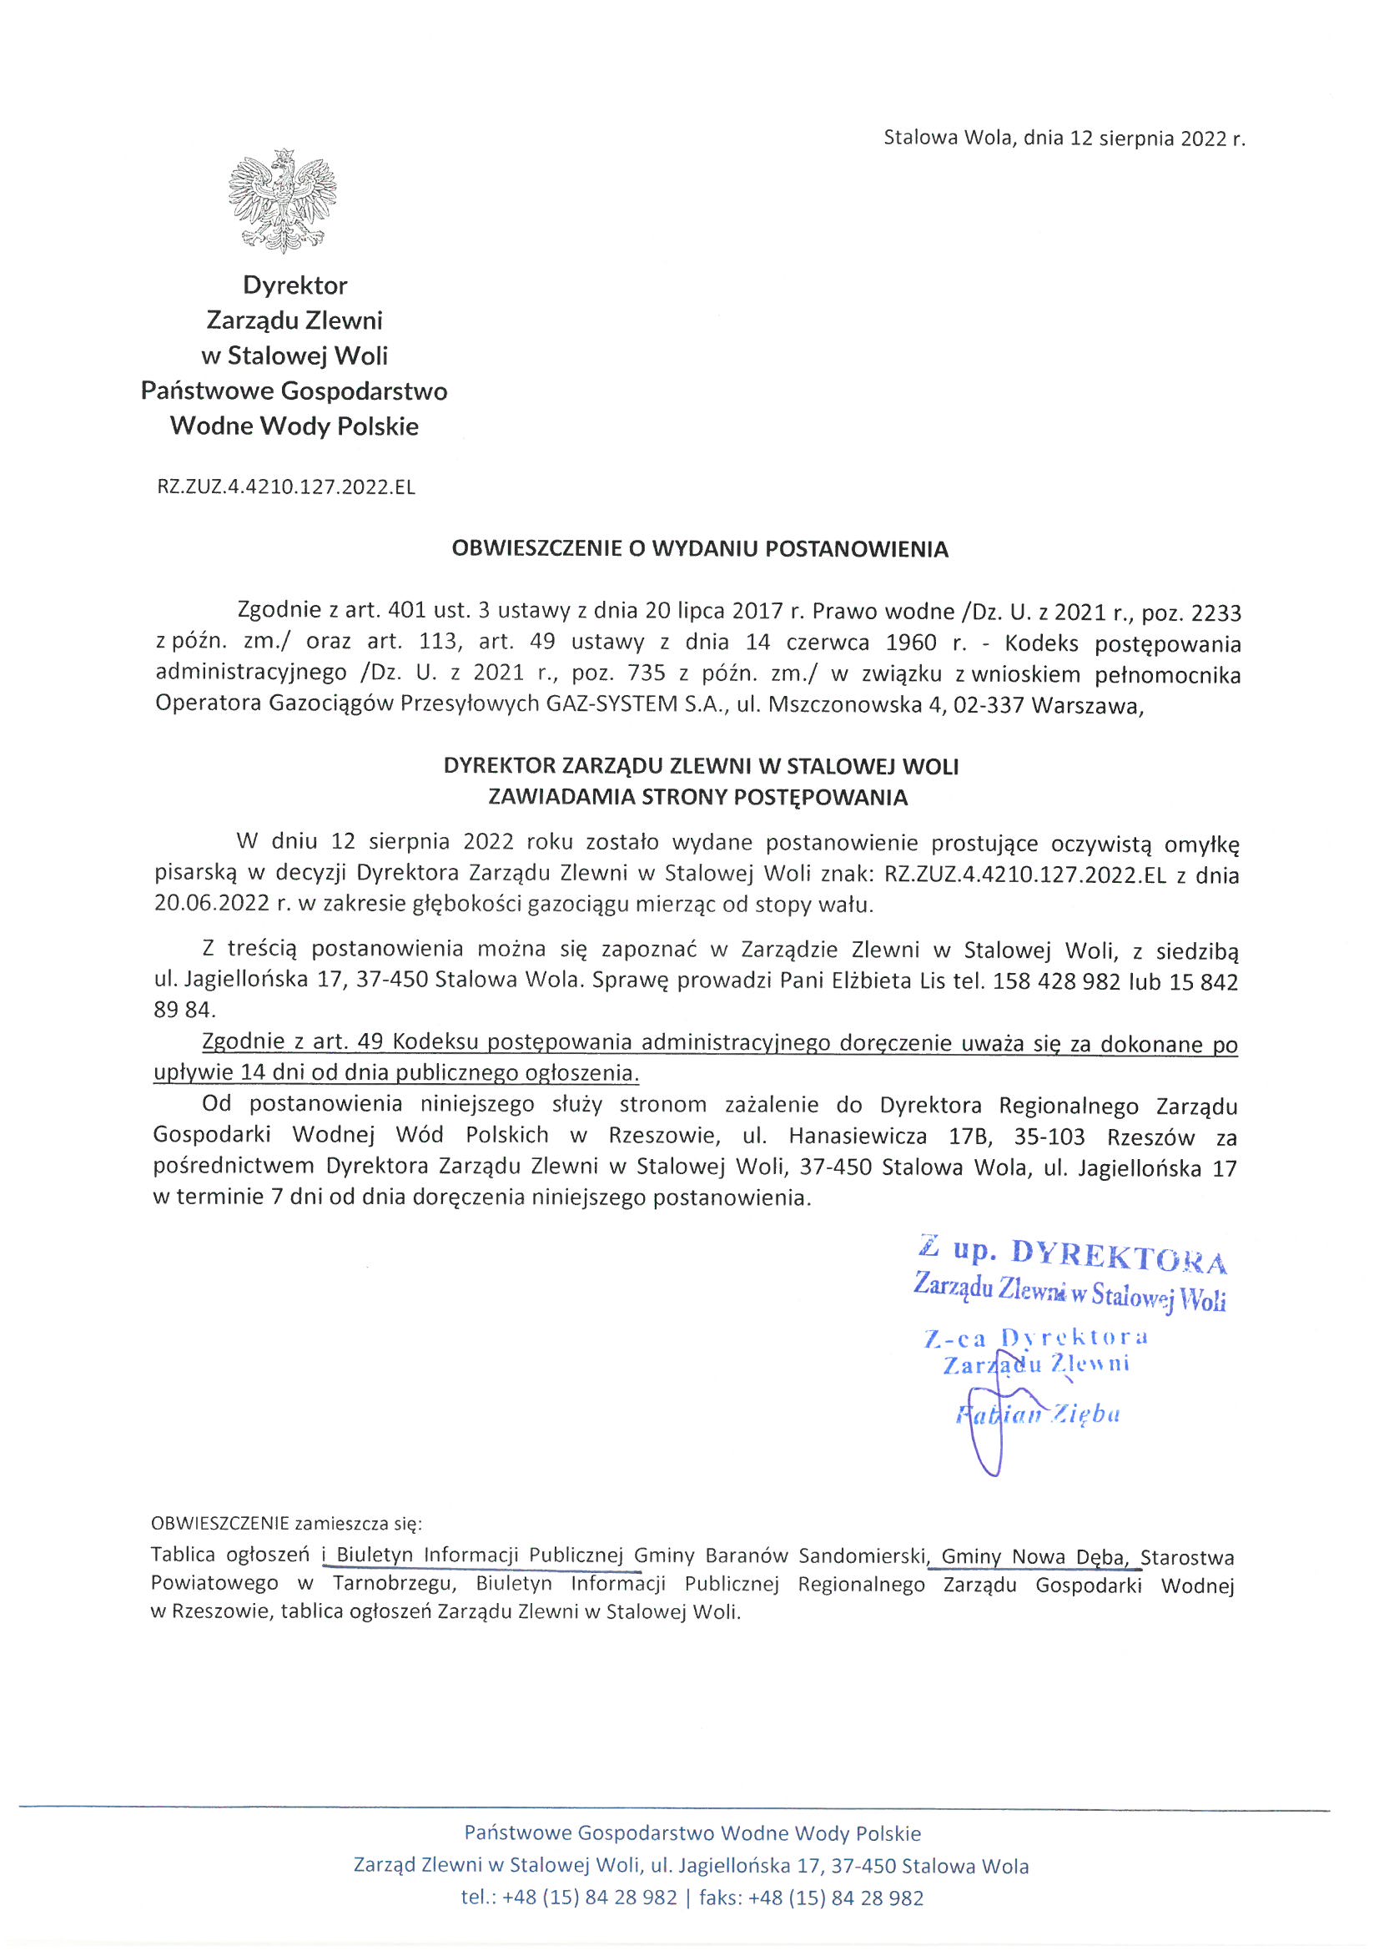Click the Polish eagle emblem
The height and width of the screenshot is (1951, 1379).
282,200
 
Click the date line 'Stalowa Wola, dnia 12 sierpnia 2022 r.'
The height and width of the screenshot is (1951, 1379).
1064,139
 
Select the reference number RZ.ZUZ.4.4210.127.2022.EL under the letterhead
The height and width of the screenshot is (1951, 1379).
286,487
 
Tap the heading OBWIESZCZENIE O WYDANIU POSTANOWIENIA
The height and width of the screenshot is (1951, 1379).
699,549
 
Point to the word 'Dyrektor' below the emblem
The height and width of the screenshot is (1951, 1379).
294,285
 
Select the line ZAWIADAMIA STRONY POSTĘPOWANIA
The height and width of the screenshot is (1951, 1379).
697,797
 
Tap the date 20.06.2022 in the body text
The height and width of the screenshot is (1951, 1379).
214,904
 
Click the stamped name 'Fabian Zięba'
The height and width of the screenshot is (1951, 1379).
1038,1414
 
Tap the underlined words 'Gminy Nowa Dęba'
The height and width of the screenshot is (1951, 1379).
1033,1558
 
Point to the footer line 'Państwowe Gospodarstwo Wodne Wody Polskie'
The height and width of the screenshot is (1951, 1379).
692,1833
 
